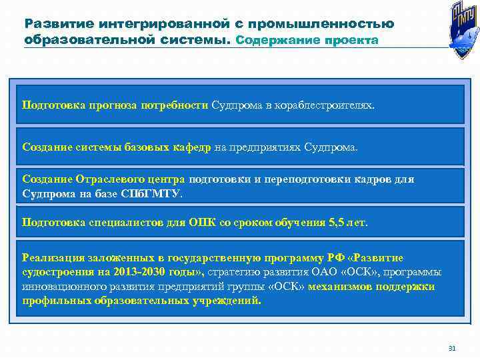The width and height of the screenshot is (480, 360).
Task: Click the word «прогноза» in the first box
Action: (110, 105)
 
